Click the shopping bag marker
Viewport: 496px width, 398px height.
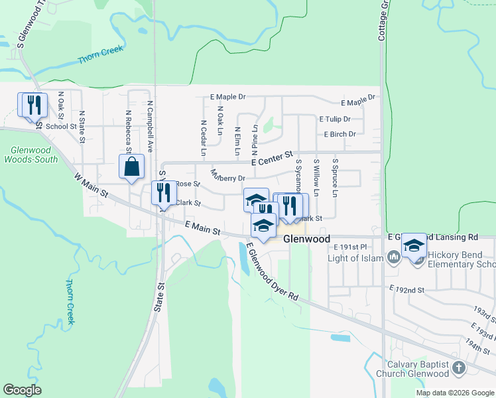click(131, 166)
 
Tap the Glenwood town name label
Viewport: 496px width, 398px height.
click(307, 239)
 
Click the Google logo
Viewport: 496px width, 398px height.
click(22, 389)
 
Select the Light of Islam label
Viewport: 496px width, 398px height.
click(357, 258)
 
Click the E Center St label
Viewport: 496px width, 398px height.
click(272, 159)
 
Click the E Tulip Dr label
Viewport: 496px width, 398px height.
click(335, 119)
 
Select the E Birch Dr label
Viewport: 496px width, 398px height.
click(340, 134)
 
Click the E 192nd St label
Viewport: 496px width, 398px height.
click(406, 290)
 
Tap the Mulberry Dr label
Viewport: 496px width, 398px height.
click(228, 176)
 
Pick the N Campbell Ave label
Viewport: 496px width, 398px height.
click(151, 127)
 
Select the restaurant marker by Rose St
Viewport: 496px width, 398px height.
click(163, 193)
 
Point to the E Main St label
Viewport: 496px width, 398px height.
click(203, 229)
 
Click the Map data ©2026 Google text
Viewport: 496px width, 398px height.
click(455, 393)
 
